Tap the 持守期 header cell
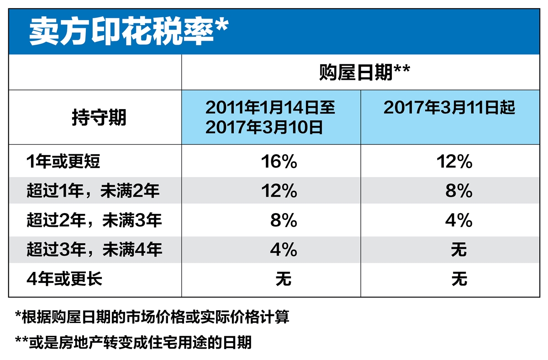coord(99,118)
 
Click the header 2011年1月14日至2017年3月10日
coord(270,118)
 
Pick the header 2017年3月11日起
coord(449,108)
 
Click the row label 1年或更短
coord(63,162)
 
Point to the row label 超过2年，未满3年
coord(94,220)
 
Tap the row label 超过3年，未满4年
coord(94,250)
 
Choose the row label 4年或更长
coord(64,279)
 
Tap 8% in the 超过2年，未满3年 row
coord(283,221)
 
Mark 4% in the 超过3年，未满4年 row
coord(283,250)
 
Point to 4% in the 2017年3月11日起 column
coord(458,221)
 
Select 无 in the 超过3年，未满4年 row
coord(459,250)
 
